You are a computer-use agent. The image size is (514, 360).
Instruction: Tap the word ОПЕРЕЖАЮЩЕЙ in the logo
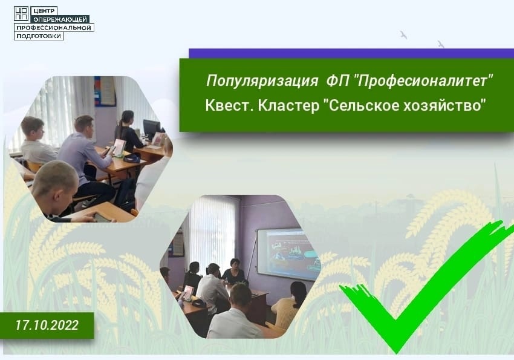[60, 19]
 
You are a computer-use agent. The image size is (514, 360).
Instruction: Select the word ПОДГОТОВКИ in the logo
[39, 36]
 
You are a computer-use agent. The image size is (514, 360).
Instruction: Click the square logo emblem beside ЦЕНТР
[21, 13]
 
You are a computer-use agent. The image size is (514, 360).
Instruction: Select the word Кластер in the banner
[288, 106]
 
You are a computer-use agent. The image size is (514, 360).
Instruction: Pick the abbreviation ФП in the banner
[337, 80]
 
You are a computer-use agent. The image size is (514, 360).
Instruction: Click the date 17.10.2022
[47, 325]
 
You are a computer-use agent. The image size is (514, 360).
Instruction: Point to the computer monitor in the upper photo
[151, 129]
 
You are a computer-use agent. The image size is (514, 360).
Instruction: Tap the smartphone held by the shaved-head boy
[103, 218]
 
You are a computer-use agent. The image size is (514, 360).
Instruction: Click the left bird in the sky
[403, 34]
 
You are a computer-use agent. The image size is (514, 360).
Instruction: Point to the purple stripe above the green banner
[351, 53]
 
